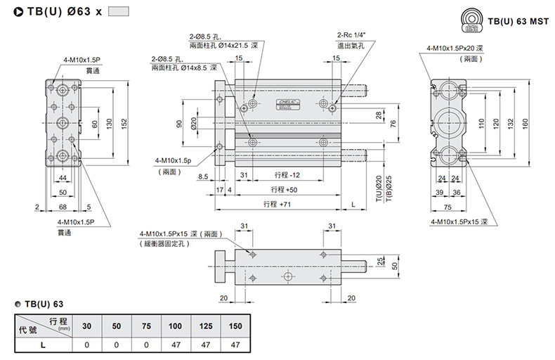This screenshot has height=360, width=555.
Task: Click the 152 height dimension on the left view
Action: pos(124,122)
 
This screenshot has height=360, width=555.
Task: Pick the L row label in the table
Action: pos(44,345)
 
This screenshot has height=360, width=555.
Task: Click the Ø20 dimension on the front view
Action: pos(194,123)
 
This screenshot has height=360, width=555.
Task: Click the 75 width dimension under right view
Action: pos(448,207)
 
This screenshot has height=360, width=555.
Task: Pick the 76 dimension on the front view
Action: pos(393,123)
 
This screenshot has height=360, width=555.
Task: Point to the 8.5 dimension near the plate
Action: pos(203,176)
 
